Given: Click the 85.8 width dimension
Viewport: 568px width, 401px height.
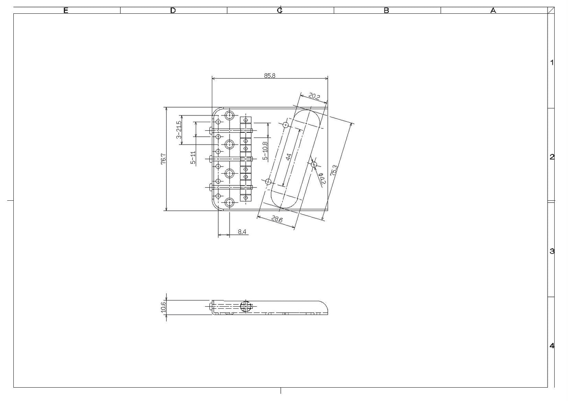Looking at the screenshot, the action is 270,75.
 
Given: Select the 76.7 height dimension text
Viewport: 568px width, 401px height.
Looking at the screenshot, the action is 164,159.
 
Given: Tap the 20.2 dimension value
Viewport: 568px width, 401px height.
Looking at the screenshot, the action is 314,96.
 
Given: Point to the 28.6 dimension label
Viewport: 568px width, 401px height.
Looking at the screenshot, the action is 277,219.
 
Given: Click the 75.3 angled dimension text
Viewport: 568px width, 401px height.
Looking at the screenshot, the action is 334,170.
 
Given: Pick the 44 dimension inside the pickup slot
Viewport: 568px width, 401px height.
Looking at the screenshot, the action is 289,157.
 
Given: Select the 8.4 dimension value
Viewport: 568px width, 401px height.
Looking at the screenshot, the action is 242,232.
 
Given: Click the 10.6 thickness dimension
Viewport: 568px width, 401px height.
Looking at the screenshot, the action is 163,307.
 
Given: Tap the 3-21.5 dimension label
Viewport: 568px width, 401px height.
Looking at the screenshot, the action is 179,130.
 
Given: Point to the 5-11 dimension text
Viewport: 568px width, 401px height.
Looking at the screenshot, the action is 193,157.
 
